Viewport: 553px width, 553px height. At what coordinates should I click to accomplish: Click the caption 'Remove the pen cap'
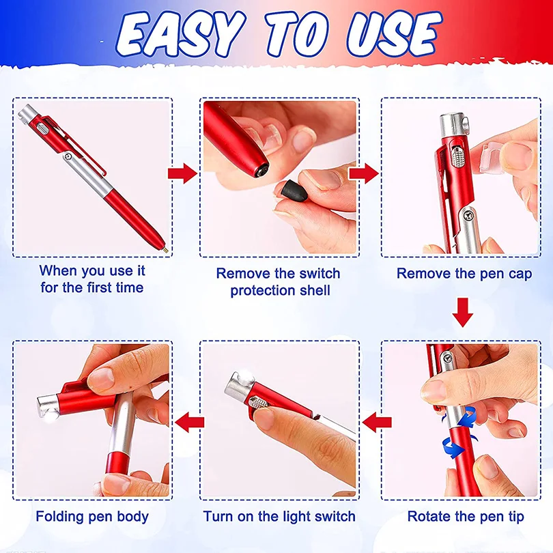(465, 274)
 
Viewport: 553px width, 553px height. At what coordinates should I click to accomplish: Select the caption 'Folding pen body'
(92, 516)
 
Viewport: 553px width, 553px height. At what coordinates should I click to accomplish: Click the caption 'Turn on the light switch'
(279, 516)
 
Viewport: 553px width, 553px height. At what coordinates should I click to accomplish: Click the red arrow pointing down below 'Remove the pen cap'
(464, 313)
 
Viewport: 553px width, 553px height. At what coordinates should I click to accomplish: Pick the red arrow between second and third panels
(363, 173)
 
